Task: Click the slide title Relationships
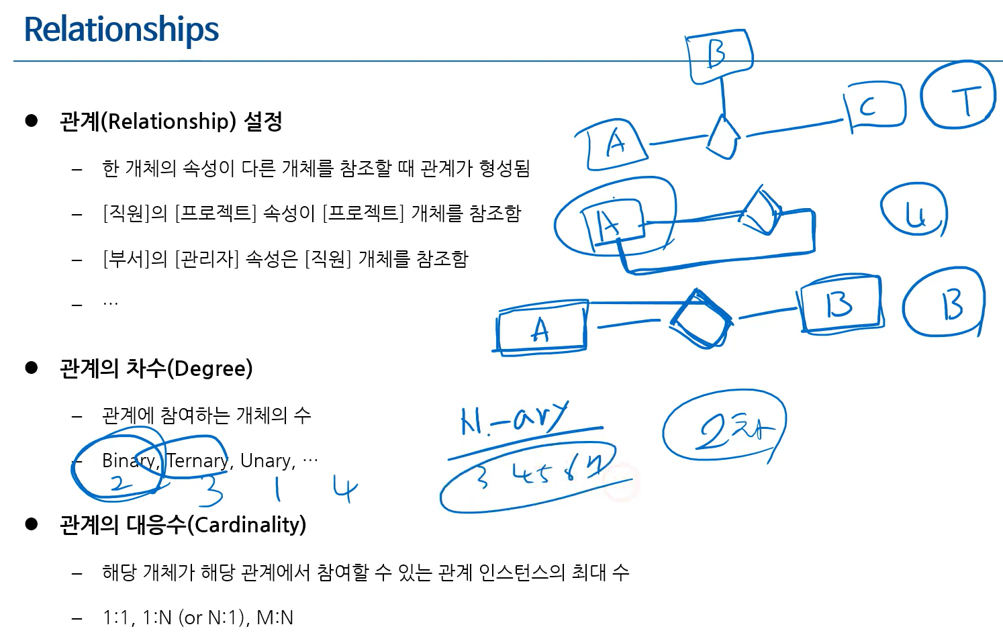coord(122,30)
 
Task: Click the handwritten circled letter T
coord(958,95)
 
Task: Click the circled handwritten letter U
coord(914,211)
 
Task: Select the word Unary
coord(267,460)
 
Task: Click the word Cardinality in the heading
coord(246,524)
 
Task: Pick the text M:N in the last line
coord(275,618)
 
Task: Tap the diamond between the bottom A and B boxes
coord(700,319)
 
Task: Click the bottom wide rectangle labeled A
coord(541,327)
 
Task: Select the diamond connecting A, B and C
coord(723,137)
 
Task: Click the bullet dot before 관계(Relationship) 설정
coord(32,121)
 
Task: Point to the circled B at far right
coord(945,303)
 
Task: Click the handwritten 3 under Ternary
coord(210,490)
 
